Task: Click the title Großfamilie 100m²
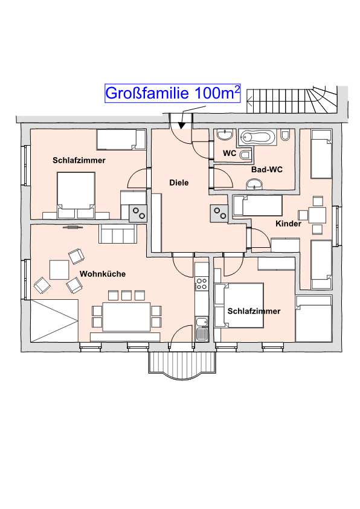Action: pos(173,93)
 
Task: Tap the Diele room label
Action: pos(179,183)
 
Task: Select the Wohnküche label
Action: pos(103,274)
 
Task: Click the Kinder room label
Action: pos(288,224)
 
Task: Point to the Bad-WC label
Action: pos(266,169)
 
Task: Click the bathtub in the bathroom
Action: pos(257,137)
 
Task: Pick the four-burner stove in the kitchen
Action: pos(201,284)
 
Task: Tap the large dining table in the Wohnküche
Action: pos(126,317)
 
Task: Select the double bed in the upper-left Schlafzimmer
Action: pos(76,195)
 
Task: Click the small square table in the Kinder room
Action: pos(317,215)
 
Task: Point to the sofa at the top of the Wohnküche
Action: pos(117,233)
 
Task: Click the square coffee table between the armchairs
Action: pos(59,270)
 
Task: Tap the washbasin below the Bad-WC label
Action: pos(256,184)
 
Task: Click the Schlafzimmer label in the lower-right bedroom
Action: pos(254,311)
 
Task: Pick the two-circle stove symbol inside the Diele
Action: pos(219,213)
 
